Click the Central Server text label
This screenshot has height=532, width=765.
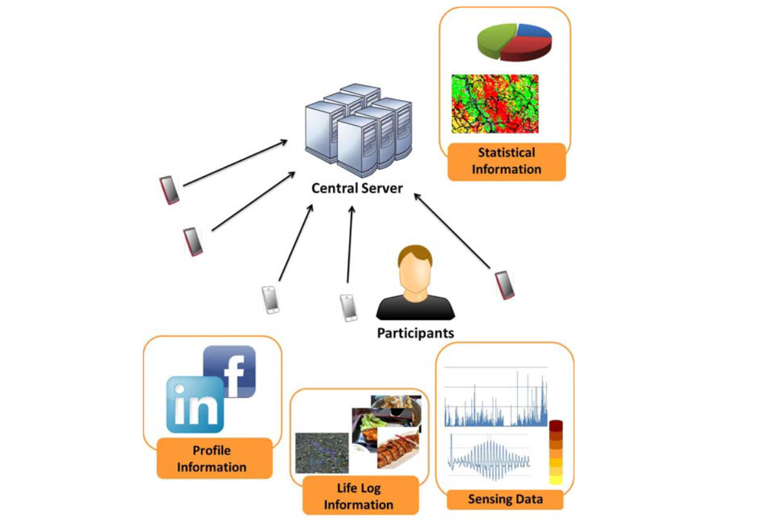pos(357,188)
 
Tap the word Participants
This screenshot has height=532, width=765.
pos(416,333)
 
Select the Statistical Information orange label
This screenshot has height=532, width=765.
pos(506,162)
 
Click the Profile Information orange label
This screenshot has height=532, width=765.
pos(214,459)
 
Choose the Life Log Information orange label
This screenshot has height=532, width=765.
pos(361,495)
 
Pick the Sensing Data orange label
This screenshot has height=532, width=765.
pos(505,499)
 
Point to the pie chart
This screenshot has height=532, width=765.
pos(515,42)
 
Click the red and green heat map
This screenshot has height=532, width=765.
pos(495,104)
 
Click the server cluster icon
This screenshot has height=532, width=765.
pos(359,129)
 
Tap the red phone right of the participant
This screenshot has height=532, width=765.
pos(504,285)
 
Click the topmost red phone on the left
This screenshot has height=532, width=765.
pos(169,190)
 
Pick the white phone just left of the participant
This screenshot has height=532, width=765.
pos(348,308)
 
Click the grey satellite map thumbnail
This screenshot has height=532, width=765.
pos(322,452)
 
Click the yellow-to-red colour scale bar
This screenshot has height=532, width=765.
pos(556,452)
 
